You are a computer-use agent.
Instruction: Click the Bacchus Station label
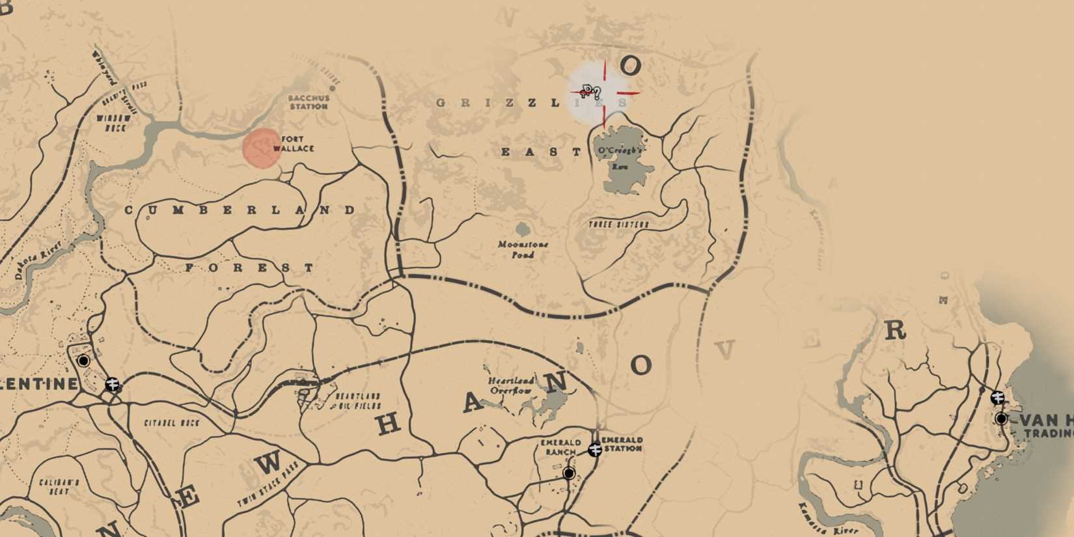pos(309,102)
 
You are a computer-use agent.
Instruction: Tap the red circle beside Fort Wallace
pos(262,148)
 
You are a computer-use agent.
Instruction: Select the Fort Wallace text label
pos(294,144)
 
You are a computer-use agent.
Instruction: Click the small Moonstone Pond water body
pos(522,229)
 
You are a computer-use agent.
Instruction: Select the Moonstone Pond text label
pos(523,249)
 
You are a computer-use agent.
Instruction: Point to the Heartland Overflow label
pos(512,385)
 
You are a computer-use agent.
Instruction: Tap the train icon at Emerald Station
pos(594,449)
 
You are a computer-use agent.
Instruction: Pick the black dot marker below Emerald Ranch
pos(569,473)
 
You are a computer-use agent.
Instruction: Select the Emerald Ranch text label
pos(560,447)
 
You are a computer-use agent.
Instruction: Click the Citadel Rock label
pos(172,423)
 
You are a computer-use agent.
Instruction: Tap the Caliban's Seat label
pos(59,487)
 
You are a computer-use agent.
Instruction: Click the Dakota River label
pos(38,260)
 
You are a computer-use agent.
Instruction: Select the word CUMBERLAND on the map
pos(240,210)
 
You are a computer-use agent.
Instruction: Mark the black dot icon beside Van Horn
pos(1001,419)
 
